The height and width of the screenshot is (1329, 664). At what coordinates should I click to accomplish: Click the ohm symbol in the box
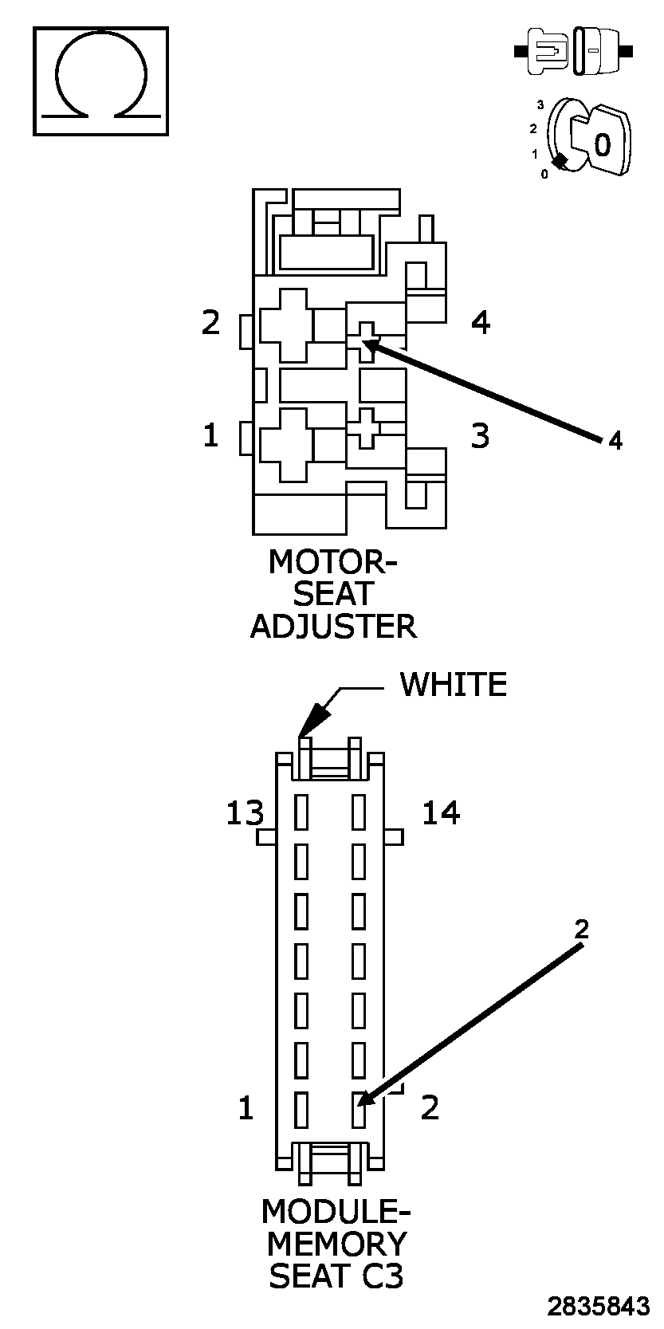pyautogui.click(x=100, y=81)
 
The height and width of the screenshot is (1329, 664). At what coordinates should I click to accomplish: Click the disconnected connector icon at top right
pyautogui.click(x=575, y=53)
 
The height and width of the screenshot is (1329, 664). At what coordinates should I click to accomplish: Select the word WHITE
pyautogui.click(x=453, y=685)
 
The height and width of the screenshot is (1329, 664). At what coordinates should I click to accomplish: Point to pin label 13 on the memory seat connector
pyautogui.click(x=245, y=814)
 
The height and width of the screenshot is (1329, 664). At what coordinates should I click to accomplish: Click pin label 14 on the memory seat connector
pyautogui.click(x=441, y=813)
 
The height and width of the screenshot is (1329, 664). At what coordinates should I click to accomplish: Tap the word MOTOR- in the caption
pyautogui.click(x=332, y=562)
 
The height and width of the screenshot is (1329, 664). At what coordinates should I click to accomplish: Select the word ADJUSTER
pyautogui.click(x=333, y=627)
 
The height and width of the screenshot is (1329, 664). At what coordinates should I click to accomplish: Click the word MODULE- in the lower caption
pyautogui.click(x=335, y=1212)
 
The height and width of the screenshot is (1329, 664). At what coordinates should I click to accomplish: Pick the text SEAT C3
pyautogui.click(x=336, y=1276)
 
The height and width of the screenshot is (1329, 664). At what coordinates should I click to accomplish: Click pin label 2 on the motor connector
pyautogui.click(x=210, y=323)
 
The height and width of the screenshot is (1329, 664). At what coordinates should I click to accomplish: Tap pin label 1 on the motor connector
pyautogui.click(x=210, y=436)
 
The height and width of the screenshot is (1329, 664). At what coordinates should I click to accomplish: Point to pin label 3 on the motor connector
pyautogui.click(x=480, y=436)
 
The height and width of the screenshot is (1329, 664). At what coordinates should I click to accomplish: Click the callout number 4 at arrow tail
pyautogui.click(x=615, y=440)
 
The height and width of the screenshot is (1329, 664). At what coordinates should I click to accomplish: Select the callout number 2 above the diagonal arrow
pyautogui.click(x=582, y=929)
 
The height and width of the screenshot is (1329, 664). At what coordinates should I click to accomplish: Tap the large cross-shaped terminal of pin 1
pyautogui.click(x=285, y=445)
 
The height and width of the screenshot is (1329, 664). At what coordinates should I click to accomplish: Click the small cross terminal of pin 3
pyautogui.click(x=366, y=428)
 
